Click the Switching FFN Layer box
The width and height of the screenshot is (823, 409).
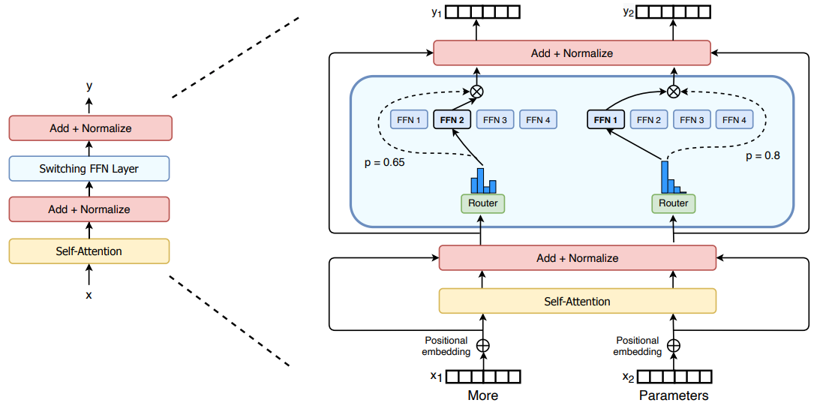(x=89, y=169)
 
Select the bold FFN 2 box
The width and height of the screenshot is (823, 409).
(x=452, y=119)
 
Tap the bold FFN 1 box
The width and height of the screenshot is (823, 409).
(x=605, y=119)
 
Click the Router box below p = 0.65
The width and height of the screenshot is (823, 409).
(x=482, y=203)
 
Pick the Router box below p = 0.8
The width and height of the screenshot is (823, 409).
(x=673, y=203)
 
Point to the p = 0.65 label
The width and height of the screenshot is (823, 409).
(x=385, y=161)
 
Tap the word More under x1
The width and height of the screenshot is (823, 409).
(x=482, y=395)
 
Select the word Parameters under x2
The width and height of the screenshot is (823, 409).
(x=674, y=395)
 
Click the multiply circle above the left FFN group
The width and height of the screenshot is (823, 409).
(x=476, y=92)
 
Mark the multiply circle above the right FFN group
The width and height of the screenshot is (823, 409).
(x=674, y=92)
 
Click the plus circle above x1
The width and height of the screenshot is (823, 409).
(x=483, y=346)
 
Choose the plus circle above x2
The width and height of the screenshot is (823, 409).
(x=674, y=346)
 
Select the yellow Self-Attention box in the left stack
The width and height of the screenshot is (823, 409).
(x=89, y=251)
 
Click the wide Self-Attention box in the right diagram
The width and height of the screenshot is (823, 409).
(x=577, y=302)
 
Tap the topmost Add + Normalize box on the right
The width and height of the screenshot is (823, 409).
(x=572, y=53)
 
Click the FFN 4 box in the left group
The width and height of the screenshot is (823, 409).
(x=539, y=119)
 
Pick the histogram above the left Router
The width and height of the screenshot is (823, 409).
(x=484, y=180)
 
